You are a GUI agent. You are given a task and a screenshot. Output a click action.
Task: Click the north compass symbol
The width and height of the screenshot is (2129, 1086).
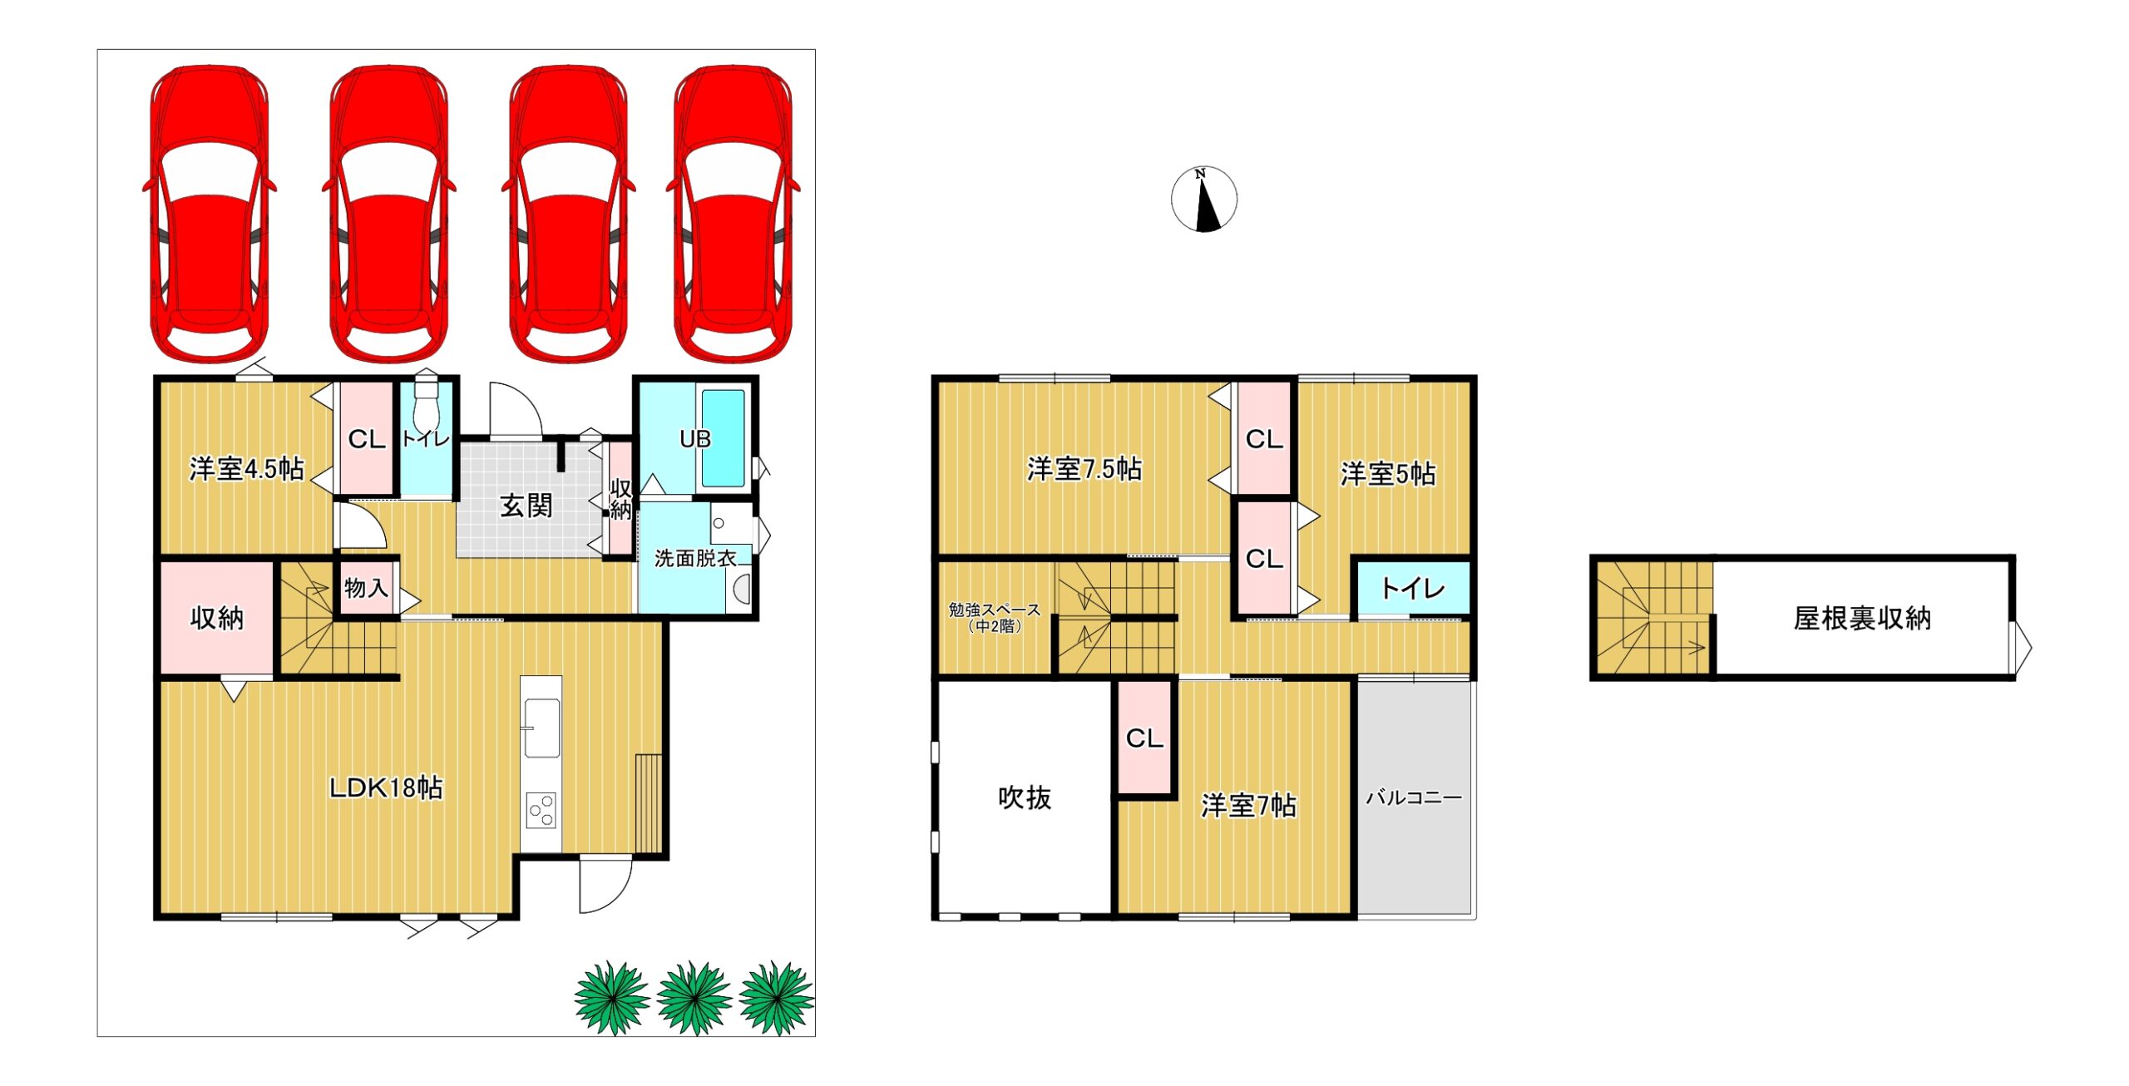[x=1203, y=200]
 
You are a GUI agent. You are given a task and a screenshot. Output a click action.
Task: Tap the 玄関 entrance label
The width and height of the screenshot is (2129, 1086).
[x=526, y=506]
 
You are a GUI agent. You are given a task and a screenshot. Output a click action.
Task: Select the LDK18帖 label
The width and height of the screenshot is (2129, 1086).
[x=386, y=787]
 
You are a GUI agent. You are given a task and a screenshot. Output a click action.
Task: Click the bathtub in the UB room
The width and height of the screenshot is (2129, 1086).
[x=723, y=438]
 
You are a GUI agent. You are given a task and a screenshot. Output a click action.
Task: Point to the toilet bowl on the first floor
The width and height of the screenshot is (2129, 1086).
[x=426, y=403]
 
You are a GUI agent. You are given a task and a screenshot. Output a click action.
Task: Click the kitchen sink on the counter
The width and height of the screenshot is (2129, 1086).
[x=541, y=728]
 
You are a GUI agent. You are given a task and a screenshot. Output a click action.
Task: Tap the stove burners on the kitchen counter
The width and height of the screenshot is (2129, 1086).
[x=541, y=810]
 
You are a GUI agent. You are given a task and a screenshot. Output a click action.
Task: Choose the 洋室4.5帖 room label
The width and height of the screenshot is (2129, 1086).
[x=246, y=469]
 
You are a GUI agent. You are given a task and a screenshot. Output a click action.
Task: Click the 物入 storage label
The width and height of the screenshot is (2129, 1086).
[x=366, y=588]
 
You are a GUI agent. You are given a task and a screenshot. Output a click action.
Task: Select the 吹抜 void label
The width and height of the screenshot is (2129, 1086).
[x=1025, y=797]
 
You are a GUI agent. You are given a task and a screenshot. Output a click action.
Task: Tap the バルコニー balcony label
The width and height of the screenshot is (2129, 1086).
[x=1414, y=797]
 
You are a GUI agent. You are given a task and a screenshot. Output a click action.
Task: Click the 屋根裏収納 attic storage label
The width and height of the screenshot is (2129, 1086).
[x=1862, y=618]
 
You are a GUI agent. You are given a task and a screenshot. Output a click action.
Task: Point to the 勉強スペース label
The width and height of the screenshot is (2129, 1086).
[x=995, y=610]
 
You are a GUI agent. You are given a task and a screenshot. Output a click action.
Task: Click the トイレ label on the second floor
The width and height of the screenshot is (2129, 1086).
[x=1413, y=589]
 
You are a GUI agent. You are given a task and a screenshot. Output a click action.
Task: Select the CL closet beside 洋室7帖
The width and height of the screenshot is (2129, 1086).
[x=1144, y=738]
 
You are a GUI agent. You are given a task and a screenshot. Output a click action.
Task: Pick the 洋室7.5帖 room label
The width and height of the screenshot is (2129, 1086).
[x=1084, y=469]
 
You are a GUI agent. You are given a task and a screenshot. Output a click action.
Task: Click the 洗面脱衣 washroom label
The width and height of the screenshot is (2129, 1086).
[x=695, y=559]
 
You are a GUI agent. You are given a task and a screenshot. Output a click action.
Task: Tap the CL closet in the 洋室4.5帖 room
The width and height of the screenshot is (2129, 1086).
[x=366, y=438]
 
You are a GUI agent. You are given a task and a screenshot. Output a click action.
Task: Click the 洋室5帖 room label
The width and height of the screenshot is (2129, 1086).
[x=1387, y=474]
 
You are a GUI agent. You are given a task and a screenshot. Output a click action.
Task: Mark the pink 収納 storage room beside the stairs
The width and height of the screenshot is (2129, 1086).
[x=216, y=617]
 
